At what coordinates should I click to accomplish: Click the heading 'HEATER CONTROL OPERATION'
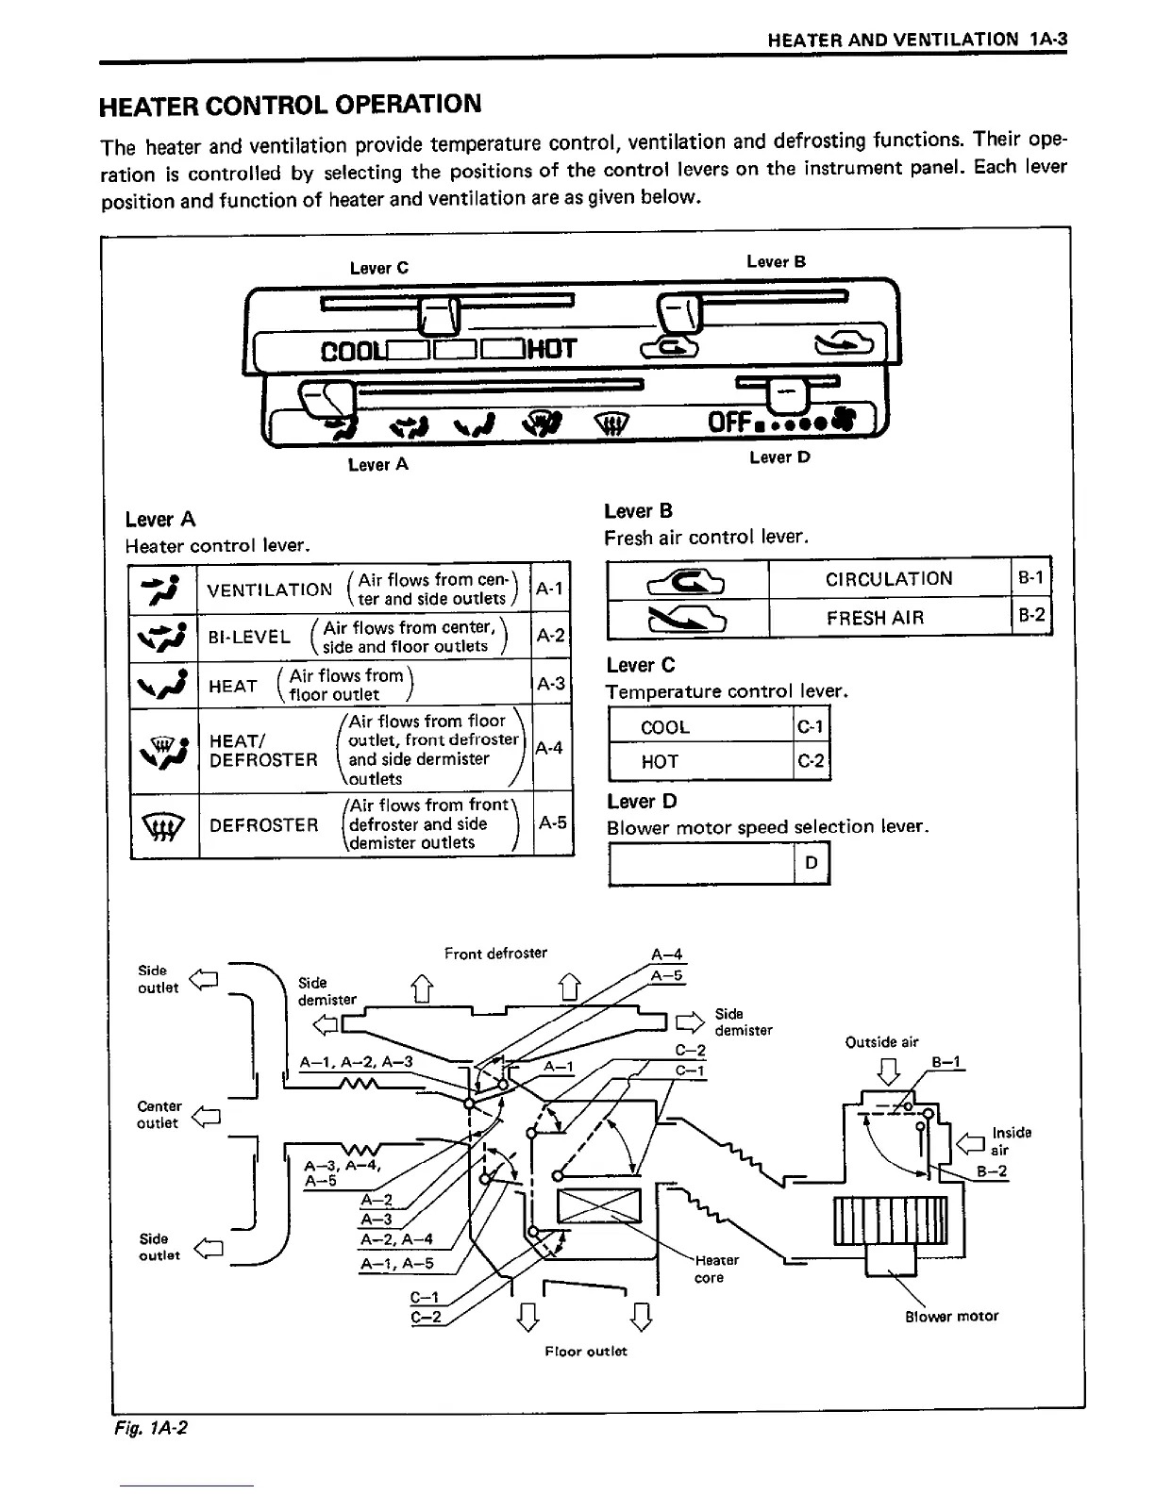click(291, 105)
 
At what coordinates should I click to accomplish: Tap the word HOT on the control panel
click(552, 350)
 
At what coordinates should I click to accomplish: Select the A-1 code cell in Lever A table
click(549, 589)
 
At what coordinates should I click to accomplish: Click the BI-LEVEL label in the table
click(249, 637)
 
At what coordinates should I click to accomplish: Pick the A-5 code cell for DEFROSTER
click(552, 822)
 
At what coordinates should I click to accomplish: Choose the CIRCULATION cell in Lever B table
click(889, 578)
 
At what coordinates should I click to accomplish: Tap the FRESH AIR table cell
click(875, 618)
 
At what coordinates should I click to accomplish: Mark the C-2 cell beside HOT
click(811, 761)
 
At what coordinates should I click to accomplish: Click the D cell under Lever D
click(811, 863)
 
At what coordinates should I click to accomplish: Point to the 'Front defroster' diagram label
click(495, 954)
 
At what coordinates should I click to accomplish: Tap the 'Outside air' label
click(881, 1042)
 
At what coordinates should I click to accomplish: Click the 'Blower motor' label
click(951, 1316)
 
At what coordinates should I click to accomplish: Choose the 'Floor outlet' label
click(585, 1351)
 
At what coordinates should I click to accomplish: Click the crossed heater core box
click(599, 1208)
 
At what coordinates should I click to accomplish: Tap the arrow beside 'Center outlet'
click(205, 1118)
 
